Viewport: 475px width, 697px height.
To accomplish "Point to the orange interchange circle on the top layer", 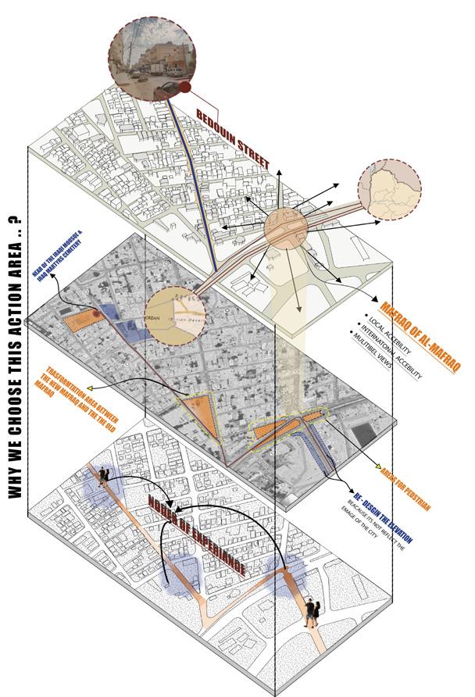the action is [285, 228].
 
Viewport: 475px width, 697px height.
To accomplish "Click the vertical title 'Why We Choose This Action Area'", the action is [15, 359].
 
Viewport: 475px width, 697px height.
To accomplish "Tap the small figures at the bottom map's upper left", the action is [102, 477].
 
